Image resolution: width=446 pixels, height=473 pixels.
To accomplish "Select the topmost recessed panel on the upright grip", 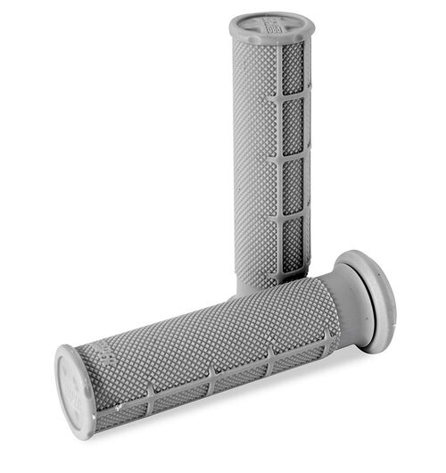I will pyautogui.click(x=293, y=71).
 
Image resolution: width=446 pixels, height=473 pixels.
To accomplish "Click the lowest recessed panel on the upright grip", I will pyautogui.click(x=293, y=244).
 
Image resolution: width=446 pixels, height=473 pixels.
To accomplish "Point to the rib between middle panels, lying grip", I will pyautogui.click(x=212, y=376).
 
